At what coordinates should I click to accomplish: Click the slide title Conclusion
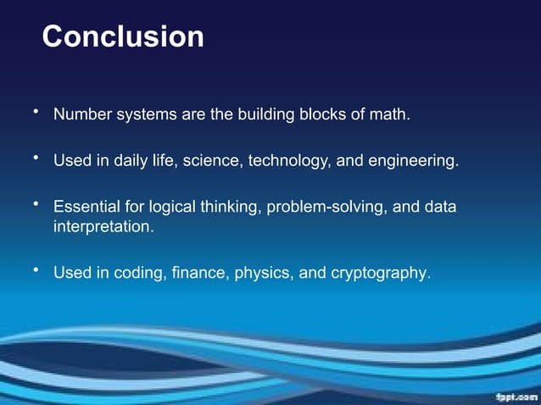point(123,37)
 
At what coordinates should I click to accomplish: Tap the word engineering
point(415,160)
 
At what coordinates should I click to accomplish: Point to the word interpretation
point(103,227)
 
